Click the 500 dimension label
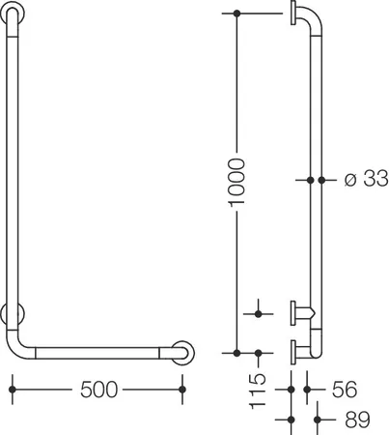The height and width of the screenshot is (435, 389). click(98, 390)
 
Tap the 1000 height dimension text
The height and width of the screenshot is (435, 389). click(236, 182)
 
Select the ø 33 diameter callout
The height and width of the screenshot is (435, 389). click(366, 178)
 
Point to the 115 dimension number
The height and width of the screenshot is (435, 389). click(258, 391)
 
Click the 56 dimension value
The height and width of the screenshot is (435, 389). click(345, 390)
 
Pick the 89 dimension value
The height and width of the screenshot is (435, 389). click(357, 420)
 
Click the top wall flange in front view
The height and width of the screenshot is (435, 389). click(13, 13)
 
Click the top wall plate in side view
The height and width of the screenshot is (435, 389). click(293, 13)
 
